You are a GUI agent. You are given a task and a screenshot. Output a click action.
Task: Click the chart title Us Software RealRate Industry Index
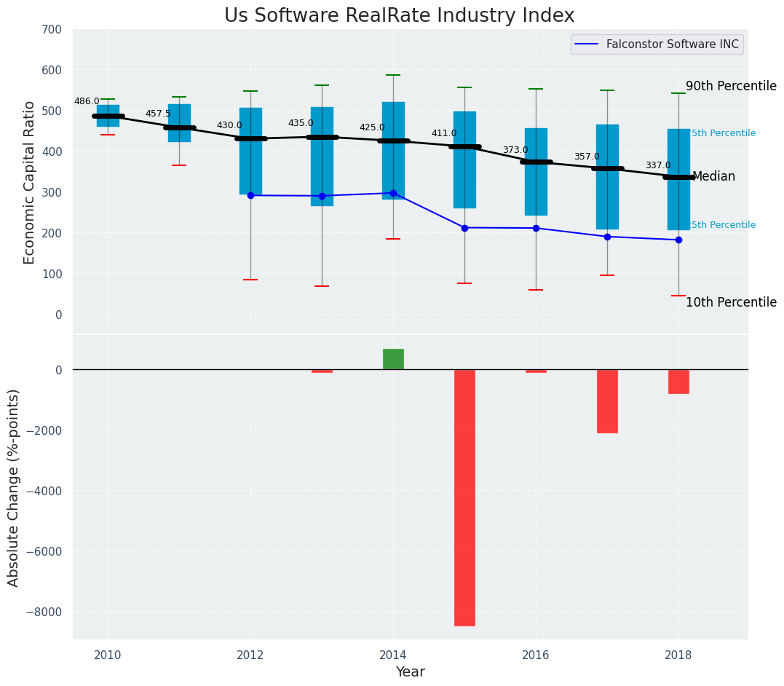point(399,16)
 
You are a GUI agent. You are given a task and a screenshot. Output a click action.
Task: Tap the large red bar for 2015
point(464,497)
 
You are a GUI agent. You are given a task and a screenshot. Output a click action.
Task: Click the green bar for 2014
point(393,359)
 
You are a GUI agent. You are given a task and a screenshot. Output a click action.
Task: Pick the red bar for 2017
point(607,401)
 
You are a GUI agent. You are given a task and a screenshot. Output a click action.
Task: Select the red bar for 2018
point(678,382)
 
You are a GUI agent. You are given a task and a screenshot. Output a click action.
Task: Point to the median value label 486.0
point(87,101)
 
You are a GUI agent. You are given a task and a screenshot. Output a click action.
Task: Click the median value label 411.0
point(444,133)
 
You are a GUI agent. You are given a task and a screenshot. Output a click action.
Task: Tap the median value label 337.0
point(658,165)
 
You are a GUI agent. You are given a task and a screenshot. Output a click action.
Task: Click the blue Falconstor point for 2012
point(250,195)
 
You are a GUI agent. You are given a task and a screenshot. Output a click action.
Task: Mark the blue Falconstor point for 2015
point(464,228)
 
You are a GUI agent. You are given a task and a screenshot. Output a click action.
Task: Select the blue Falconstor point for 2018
point(678,240)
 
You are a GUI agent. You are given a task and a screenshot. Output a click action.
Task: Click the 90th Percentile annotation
point(731,86)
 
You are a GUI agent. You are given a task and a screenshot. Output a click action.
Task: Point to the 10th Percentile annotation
point(731,302)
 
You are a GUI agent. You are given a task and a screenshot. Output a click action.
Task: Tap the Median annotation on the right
point(713,176)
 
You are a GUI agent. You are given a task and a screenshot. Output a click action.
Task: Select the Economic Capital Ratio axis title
point(30,182)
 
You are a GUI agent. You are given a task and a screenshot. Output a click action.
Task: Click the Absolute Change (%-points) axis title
point(14,487)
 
